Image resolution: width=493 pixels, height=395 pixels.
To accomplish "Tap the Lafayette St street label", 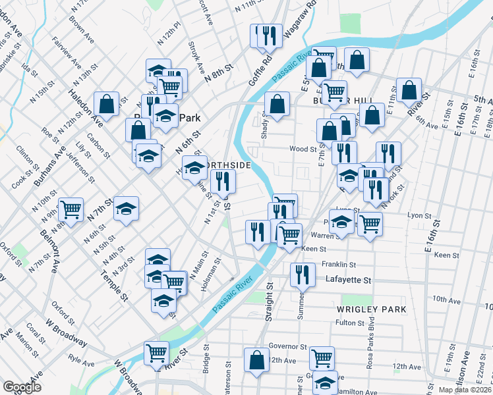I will point(348,280).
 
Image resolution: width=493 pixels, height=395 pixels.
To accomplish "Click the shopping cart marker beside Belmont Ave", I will point(71,209).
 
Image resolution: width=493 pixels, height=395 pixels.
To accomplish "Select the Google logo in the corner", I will point(22,387).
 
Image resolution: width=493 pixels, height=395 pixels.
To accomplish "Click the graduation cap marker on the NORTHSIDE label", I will point(194,169).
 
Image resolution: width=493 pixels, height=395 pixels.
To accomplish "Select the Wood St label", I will point(303,149).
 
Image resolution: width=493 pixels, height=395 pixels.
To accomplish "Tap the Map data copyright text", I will point(465,390).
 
